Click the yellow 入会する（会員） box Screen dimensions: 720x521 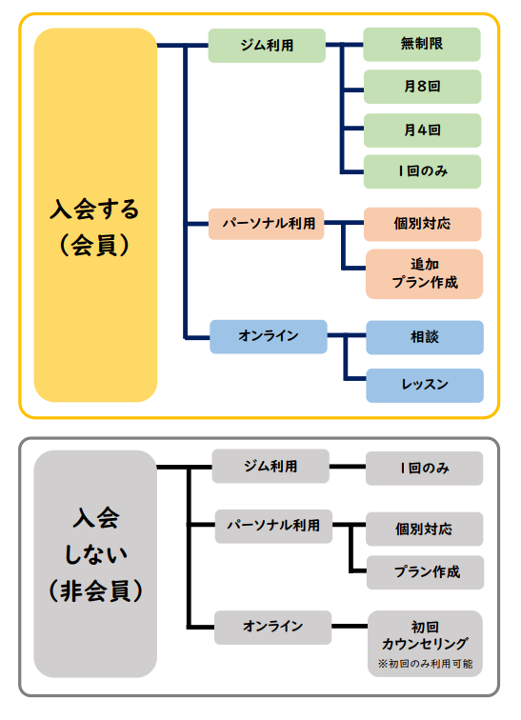click(95, 215)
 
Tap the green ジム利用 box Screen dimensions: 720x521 click(268, 44)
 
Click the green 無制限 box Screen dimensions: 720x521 click(423, 44)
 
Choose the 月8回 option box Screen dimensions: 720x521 click(423, 87)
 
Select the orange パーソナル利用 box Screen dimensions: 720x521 click(268, 225)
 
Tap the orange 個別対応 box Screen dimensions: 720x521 click(423, 225)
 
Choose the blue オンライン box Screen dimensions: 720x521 click(268, 336)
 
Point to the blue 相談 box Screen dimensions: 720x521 click(424, 337)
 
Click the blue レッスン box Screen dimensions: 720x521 click(424, 385)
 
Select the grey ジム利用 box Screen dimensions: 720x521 click(271, 467)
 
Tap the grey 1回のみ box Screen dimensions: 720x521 click(425, 468)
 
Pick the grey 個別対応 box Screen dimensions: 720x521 click(425, 529)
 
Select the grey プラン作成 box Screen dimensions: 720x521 click(425, 572)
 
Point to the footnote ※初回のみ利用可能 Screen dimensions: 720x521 click(425, 663)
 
